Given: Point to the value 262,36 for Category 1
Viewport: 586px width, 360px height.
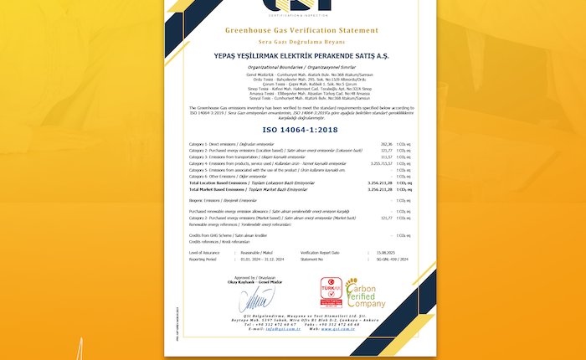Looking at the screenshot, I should pos(386,144).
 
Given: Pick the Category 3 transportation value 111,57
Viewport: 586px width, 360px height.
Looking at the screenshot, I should pos(386,157).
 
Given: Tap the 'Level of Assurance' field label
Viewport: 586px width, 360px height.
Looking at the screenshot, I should pos(205,252).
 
